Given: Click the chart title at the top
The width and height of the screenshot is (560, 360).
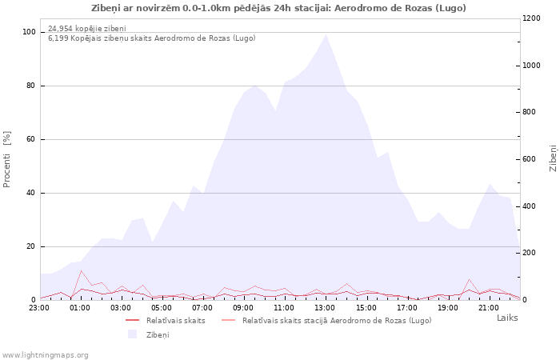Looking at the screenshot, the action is [x=278, y=8].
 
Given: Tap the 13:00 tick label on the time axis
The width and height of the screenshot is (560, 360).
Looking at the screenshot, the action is [x=325, y=308].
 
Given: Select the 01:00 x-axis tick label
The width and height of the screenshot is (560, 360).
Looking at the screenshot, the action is [x=80, y=308].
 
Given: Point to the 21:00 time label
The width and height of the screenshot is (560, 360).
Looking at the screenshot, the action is [x=488, y=308].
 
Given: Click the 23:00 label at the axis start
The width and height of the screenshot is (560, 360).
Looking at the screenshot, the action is [x=39, y=308].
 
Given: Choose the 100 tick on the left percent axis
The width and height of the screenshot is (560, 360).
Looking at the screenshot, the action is [x=29, y=32].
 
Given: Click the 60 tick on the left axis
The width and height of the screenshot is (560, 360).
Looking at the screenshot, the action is [x=30, y=139].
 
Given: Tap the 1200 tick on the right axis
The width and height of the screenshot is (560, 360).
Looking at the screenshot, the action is [x=531, y=18].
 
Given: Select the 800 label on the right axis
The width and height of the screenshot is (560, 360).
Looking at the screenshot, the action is [x=530, y=112].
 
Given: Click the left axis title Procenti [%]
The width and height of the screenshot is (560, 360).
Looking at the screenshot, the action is [x=6, y=159].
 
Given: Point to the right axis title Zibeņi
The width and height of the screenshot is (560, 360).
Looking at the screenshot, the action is [x=553, y=158].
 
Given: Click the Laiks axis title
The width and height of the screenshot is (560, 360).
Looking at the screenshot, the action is [x=507, y=318].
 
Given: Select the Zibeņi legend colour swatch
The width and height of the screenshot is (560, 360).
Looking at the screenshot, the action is [x=133, y=334].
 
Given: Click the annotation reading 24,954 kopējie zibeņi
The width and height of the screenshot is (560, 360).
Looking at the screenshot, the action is [x=87, y=29].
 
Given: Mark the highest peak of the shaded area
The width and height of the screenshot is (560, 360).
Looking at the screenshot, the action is [x=326, y=34].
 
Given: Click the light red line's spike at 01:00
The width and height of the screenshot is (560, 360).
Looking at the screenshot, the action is [x=81, y=271].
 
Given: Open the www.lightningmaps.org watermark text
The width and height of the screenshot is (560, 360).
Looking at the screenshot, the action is [x=45, y=355].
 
